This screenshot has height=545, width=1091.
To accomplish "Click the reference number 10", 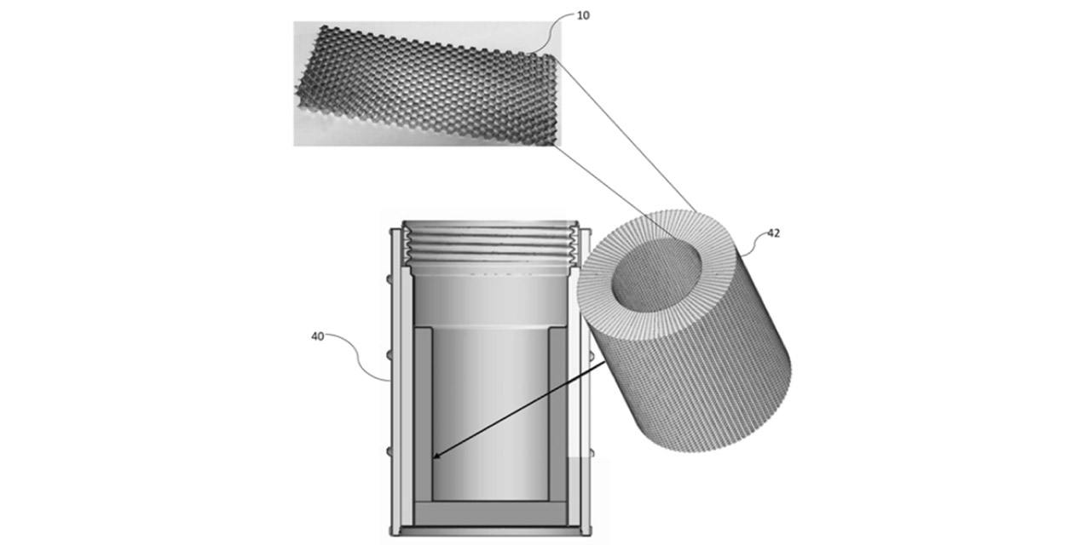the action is [x=583, y=15].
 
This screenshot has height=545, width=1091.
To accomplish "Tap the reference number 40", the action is [x=318, y=336].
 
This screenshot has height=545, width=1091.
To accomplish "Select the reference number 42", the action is [x=774, y=233].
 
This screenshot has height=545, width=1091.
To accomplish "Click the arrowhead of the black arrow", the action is [x=436, y=456].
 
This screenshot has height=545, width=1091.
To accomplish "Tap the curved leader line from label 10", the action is [x=551, y=33].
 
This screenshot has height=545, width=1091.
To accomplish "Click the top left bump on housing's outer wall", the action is [x=390, y=279].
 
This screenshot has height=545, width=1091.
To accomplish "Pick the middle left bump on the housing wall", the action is [x=390, y=356].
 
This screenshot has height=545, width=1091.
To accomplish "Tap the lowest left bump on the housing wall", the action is [x=390, y=452].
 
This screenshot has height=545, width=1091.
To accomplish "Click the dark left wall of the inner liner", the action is [x=423, y=415].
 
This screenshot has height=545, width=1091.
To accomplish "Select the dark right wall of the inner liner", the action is [x=557, y=415].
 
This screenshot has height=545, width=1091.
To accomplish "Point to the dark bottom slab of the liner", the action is [x=490, y=513].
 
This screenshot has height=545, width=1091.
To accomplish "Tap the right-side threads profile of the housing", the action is [x=574, y=246].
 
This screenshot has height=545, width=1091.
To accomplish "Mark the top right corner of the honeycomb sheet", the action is [x=553, y=56].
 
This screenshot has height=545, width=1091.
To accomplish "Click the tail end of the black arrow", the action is [x=605, y=362].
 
